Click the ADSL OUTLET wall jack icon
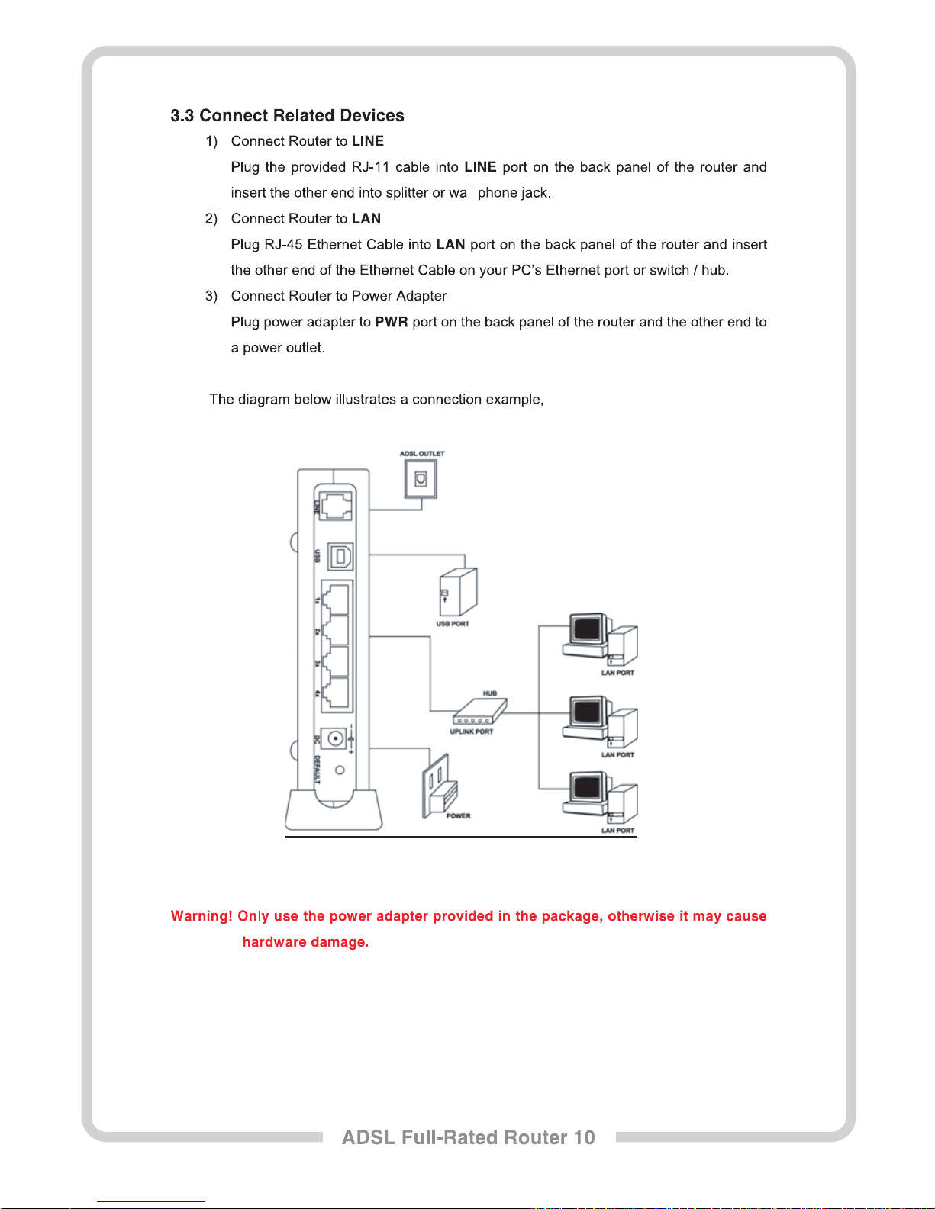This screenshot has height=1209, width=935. tap(420, 479)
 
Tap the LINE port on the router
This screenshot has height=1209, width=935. tap(336, 504)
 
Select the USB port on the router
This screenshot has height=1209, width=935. tap(340, 557)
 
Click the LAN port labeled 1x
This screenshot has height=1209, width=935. tap(336, 600)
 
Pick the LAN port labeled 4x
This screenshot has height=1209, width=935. tap(336, 693)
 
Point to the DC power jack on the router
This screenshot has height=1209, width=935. tap(334, 738)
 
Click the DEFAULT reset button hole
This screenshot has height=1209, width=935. tap(340, 770)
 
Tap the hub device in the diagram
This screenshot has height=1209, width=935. tap(479, 712)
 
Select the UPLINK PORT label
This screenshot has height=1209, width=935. tap(471, 732)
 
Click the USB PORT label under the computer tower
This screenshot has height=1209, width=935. tap(453, 624)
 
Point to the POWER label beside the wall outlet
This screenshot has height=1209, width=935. tap(458, 815)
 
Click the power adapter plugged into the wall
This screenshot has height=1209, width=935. tap(440, 793)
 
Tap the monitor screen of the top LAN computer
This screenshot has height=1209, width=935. tap(587, 629)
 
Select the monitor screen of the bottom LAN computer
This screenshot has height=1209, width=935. tap(587, 787)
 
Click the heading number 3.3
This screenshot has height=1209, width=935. tap(182, 116)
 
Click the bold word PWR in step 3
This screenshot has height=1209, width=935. tap(391, 322)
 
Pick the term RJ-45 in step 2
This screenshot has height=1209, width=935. tap(283, 245)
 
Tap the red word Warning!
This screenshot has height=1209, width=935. tap(202, 916)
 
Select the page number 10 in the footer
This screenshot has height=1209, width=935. tap(584, 1137)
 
